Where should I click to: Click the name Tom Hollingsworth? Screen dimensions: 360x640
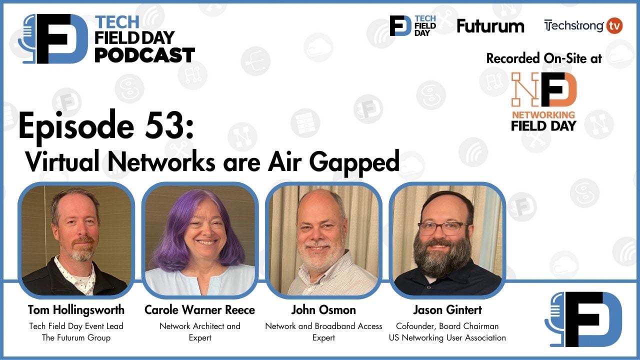(76, 310)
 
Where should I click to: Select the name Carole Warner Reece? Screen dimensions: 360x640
(199, 310)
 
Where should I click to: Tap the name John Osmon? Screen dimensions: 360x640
(323, 310)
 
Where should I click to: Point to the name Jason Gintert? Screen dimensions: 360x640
(447, 310)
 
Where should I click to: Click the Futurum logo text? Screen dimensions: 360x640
(490, 26)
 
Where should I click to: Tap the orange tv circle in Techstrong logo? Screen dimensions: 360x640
(614, 26)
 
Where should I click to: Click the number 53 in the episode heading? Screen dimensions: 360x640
(166, 126)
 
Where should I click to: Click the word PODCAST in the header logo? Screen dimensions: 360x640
(144, 55)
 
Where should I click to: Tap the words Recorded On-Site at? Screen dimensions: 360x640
(543, 58)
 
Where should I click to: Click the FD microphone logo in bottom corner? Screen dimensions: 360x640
(583, 319)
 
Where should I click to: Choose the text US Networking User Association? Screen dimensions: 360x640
(447, 338)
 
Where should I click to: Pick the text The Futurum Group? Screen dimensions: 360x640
(76, 338)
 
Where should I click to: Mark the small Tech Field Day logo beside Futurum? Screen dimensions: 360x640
(412, 26)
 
